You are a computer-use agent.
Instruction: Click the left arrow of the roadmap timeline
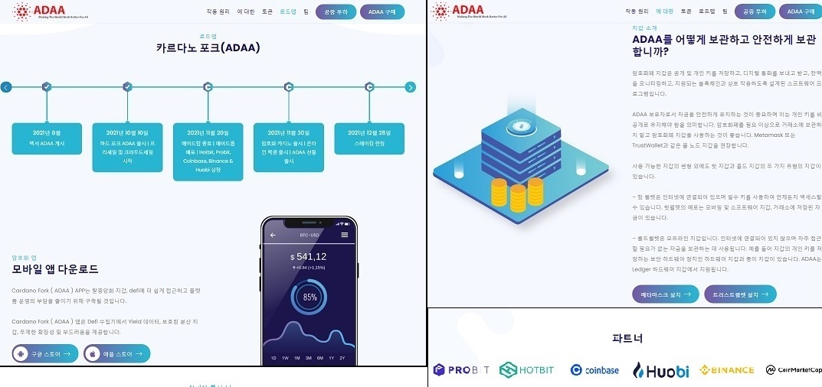pyautogui.click(x=6, y=87)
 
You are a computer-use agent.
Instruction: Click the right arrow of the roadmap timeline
pyautogui.click(x=410, y=87)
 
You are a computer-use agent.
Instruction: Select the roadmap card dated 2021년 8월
pyautogui.click(x=47, y=138)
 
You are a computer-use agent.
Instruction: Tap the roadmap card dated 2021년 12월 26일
pyautogui.click(x=369, y=138)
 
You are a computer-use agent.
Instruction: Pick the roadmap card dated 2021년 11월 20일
pyautogui.click(x=208, y=151)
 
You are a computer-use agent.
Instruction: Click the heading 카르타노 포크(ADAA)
pyautogui.click(x=208, y=48)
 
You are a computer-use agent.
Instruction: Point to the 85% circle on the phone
pyautogui.click(x=309, y=297)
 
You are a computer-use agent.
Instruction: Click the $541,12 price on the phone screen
pyautogui.click(x=309, y=257)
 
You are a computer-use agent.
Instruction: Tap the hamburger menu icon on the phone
pyautogui.click(x=345, y=235)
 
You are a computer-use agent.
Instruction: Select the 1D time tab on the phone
pyautogui.click(x=273, y=358)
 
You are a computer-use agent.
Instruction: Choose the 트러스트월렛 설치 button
pyautogui.click(x=740, y=294)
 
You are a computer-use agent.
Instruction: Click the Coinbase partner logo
pyautogui.click(x=594, y=370)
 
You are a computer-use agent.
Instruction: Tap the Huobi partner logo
pyautogui.click(x=660, y=370)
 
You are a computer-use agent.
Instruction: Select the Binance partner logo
pyautogui.click(x=727, y=370)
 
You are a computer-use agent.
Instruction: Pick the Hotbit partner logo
pyautogui.click(x=527, y=370)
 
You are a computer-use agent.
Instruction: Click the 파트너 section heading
pyautogui.click(x=627, y=337)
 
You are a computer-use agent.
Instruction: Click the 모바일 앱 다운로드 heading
pyautogui.click(x=55, y=269)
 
